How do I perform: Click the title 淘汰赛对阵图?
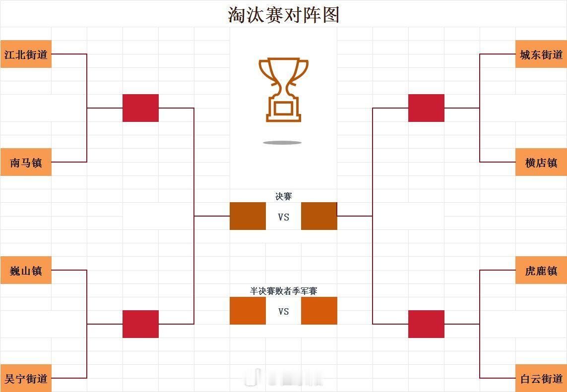(284, 15)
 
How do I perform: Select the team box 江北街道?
(26, 54)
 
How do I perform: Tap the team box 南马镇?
(26, 162)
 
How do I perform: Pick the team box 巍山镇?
(26, 270)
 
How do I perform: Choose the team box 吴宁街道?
(26, 378)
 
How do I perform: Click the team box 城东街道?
(541, 54)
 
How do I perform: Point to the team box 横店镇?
(541, 162)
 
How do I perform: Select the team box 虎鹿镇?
(541, 270)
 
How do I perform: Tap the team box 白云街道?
(541, 378)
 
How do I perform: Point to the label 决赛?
(284, 197)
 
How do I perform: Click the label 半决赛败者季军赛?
(284, 291)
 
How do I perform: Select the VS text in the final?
(284, 217)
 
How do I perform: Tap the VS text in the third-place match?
(284, 311)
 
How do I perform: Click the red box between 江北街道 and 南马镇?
(141, 108)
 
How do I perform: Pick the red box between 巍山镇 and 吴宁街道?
(141, 324)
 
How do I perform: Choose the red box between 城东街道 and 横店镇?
(426, 108)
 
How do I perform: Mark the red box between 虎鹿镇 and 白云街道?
(426, 324)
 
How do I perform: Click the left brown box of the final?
(248, 216)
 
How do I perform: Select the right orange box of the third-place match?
(319, 311)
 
